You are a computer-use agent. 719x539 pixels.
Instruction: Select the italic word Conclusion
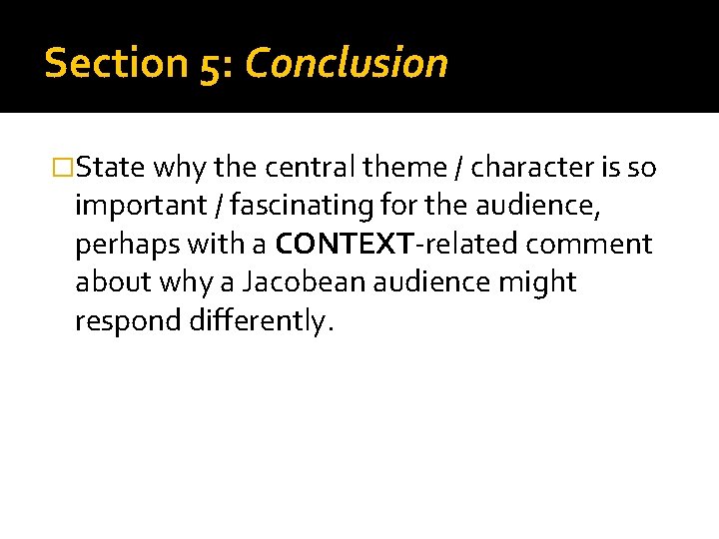pyautogui.click(x=346, y=63)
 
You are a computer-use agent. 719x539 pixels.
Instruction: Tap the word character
pyautogui.click(x=529, y=168)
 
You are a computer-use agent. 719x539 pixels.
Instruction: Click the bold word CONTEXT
pyautogui.click(x=331, y=245)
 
